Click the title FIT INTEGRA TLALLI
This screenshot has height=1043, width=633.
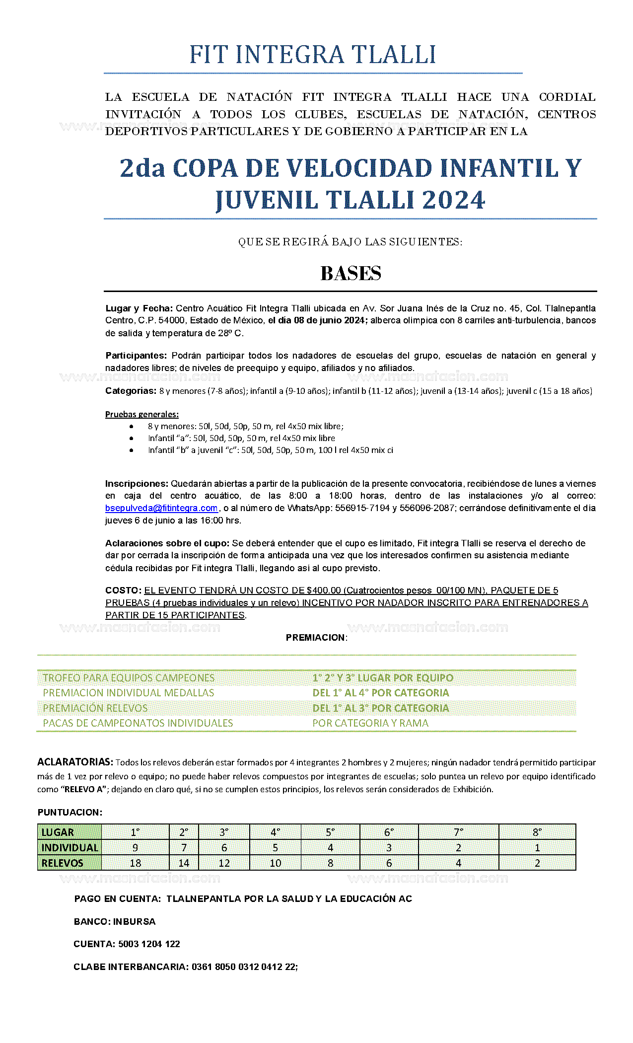(313, 55)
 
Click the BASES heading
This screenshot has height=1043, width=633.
(351, 274)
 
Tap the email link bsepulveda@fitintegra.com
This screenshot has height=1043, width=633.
(161, 508)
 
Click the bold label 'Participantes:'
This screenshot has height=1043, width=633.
(136, 356)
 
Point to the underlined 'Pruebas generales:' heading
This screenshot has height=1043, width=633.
(142, 414)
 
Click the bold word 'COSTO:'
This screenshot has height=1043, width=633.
(124, 591)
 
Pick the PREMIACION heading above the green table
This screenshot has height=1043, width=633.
(316, 638)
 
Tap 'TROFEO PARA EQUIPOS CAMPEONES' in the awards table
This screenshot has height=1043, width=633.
(129, 678)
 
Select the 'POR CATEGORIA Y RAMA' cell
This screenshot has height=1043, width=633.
(370, 723)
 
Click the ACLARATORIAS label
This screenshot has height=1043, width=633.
(75, 762)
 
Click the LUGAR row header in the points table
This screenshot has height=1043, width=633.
(58, 832)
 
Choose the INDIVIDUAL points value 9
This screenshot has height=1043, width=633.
(135, 848)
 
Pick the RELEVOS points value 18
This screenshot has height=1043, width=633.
(135, 863)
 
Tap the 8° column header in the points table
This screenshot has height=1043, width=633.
(537, 832)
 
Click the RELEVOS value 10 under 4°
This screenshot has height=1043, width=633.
(275, 863)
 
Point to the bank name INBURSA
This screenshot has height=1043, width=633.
(135, 922)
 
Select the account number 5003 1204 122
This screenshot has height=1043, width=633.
(149, 944)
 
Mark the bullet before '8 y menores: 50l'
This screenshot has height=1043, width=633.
(131, 427)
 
